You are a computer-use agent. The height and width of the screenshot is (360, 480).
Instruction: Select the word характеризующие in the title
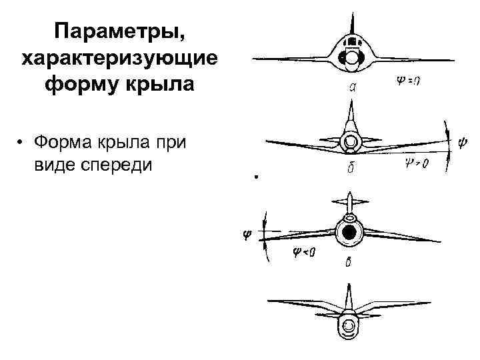tap(119, 59)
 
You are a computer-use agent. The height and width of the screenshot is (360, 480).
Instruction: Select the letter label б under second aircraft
tap(350, 171)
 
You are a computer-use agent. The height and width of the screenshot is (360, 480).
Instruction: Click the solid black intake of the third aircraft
tap(349, 233)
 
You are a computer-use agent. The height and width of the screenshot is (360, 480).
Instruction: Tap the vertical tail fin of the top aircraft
tap(351, 27)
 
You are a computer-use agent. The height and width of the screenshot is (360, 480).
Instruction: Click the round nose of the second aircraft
tap(351, 141)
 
